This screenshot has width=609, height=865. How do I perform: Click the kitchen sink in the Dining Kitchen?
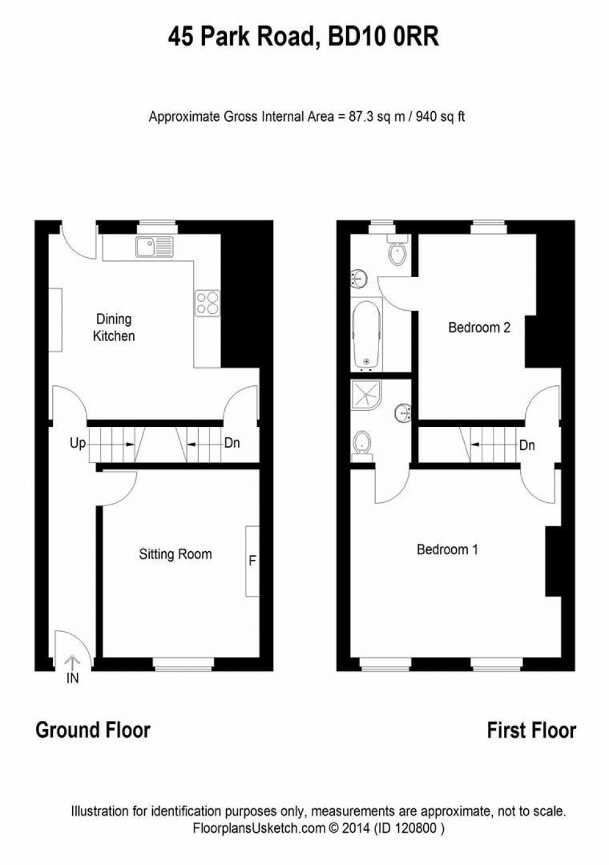[x=154, y=247]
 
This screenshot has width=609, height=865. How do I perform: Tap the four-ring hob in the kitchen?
[x=208, y=303]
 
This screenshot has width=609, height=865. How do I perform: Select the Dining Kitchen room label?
[x=114, y=327]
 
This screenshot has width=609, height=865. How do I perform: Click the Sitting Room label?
[x=175, y=554]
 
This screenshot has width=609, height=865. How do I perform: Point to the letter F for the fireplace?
[x=252, y=561]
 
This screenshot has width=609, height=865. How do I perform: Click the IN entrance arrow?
[x=73, y=664]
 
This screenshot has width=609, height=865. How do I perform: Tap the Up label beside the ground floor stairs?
[x=78, y=444]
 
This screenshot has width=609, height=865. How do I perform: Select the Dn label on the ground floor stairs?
[x=232, y=444]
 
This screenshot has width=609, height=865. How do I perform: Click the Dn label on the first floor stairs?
[x=527, y=445]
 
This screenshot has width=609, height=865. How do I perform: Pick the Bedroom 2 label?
[x=479, y=327]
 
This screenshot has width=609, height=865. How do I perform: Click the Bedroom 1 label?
[x=447, y=549]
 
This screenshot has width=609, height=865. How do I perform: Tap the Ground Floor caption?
[x=93, y=730]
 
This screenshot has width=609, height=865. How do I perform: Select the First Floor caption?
[x=531, y=730]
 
